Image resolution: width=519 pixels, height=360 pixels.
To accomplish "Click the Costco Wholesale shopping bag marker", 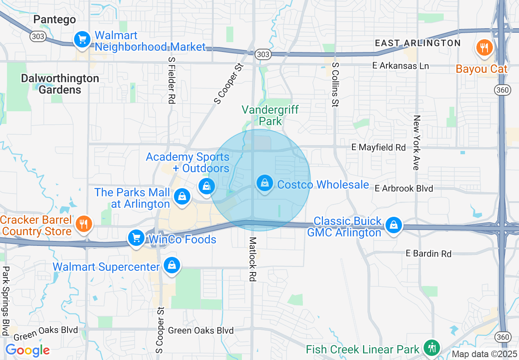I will (x=265, y=183).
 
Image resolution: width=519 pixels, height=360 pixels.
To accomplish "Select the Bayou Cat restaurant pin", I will (x=484, y=47).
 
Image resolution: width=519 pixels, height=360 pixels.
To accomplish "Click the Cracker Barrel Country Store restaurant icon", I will (x=84, y=224).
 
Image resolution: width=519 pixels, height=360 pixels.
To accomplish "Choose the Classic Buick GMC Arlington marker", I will (x=393, y=225).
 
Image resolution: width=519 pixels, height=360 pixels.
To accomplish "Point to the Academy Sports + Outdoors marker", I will (x=207, y=187).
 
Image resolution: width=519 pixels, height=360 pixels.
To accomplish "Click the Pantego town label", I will (x=55, y=19).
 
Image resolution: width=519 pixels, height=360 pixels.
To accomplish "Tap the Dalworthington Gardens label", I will (x=60, y=84).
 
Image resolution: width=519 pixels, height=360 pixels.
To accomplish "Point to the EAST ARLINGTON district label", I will (x=418, y=43).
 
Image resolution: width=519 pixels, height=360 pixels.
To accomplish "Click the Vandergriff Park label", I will (x=270, y=115).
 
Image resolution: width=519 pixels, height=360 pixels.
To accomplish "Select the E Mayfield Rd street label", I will (x=378, y=147).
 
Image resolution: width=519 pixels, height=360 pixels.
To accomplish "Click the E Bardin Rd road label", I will (x=429, y=254).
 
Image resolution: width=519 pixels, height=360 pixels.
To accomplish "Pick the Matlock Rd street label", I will (x=253, y=259).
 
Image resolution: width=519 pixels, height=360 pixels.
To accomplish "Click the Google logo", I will (x=27, y=350).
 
